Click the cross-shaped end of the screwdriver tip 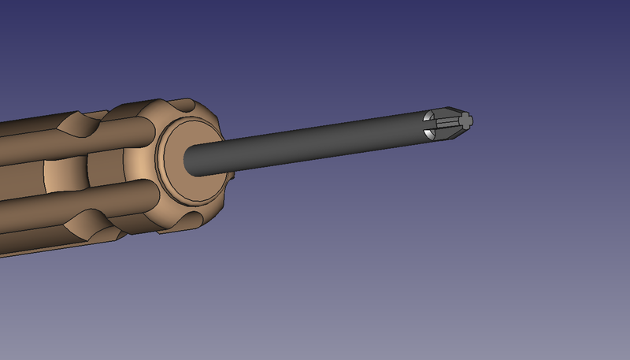coord(465,121)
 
